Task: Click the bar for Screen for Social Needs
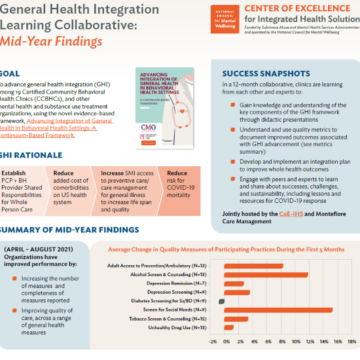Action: click(x=279, y=309)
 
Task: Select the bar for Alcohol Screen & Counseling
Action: click(x=266, y=274)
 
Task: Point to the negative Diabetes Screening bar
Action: click(x=222, y=300)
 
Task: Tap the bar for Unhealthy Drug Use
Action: click(x=229, y=327)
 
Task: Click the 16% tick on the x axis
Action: click(x=338, y=341)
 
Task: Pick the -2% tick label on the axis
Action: click(x=212, y=341)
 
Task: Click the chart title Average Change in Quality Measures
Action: click(x=226, y=249)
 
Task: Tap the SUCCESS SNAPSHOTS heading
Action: click(x=265, y=73)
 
